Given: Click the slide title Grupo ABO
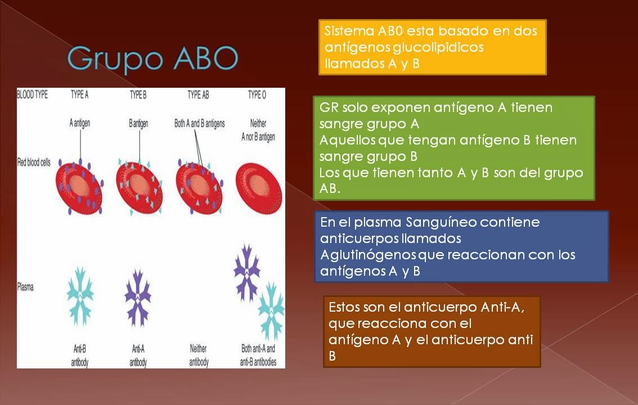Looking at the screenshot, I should (152, 58).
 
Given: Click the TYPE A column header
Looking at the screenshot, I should (79, 95).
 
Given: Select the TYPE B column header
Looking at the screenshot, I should (138, 95).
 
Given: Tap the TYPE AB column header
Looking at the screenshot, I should (197, 95).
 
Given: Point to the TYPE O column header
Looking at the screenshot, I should (257, 95).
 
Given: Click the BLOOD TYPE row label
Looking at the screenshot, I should (33, 95).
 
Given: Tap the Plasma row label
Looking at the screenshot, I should (25, 287).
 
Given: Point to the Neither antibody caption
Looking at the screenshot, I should (198, 355).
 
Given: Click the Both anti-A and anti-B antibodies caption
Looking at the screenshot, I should (258, 355).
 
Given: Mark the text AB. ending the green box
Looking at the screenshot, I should (330, 189).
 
